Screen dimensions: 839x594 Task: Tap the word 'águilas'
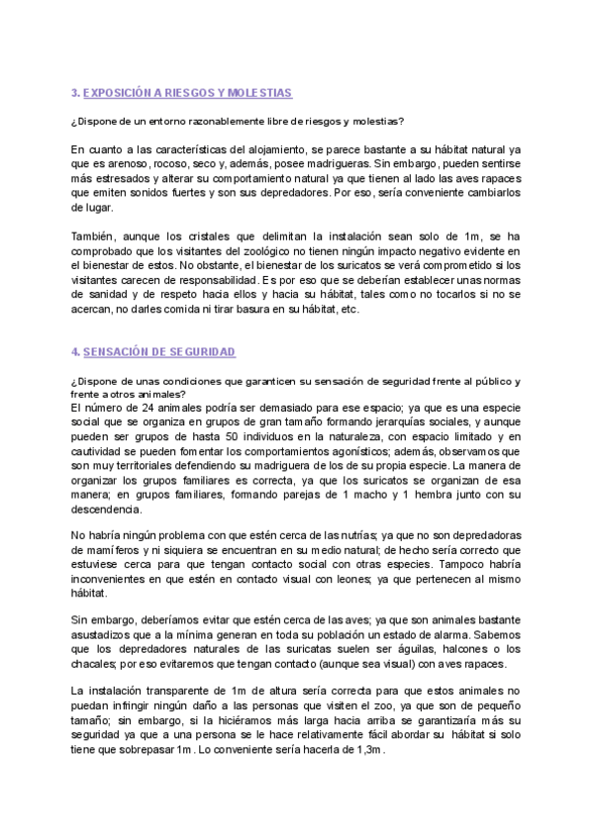click(386, 649)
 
